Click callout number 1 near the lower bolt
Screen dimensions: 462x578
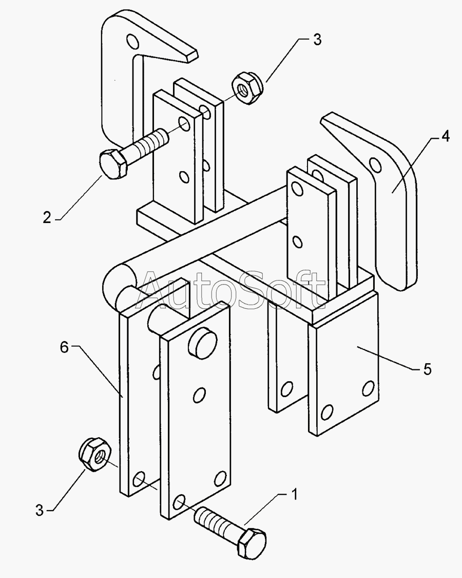[294, 494]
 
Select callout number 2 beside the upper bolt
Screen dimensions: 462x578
[47, 217]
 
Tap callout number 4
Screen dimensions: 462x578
[446, 136]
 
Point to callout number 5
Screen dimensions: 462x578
[427, 369]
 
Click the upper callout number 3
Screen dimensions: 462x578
[317, 40]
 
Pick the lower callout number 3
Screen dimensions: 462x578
[40, 511]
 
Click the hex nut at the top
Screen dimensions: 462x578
[247, 88]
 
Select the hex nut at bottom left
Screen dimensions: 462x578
[94, 455]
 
